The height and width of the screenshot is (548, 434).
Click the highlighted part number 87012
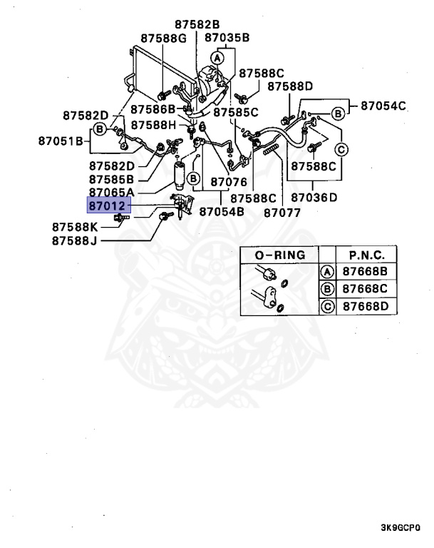(107, 206)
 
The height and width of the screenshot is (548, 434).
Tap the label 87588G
(162, 38)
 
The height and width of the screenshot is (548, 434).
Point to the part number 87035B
(227, 38)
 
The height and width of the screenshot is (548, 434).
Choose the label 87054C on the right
(383, 106)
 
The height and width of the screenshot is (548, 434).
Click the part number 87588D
(290, 86)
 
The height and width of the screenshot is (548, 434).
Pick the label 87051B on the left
(62, 141)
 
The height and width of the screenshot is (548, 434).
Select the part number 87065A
(111, 192)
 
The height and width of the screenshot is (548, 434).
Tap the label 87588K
(75, 227)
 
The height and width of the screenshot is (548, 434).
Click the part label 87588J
(75, 240)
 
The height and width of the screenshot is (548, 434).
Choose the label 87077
(282, 212)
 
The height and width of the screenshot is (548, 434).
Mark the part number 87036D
(314, 197)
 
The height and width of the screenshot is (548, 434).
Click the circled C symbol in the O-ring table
(327, 306)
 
